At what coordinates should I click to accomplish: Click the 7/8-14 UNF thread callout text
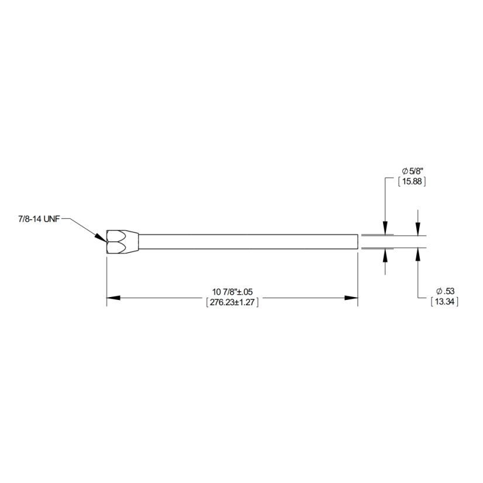tap(39, 219)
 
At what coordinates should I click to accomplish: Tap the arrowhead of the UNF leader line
tap(101, 238)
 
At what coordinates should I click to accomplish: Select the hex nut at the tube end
tap(122, 242)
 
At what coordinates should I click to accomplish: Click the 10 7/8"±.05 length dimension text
tap(232, 291)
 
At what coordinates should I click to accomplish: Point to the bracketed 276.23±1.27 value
tap(232, 302)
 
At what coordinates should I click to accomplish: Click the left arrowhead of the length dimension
tap(113, 298)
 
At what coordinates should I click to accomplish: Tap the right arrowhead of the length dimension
tap(351, 298)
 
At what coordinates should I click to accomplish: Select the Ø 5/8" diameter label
tap(413, 171)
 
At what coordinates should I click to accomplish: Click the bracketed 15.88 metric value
tap(412, 181)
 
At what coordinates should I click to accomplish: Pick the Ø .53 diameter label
tap(446, 291)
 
